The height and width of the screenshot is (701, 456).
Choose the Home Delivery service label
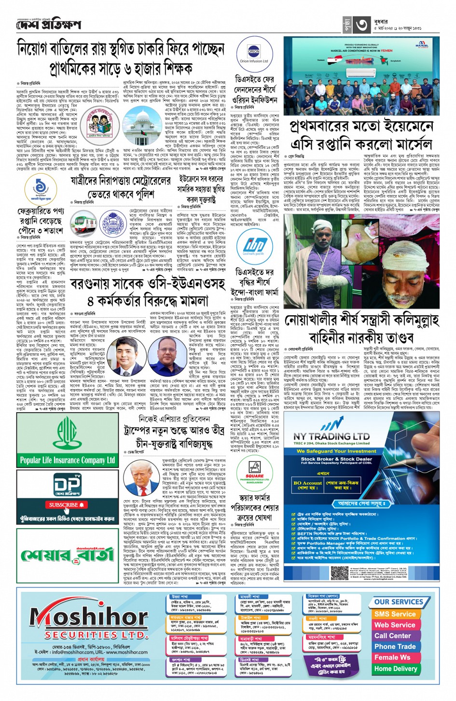coord(395,669)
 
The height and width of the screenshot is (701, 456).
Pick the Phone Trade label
coord(395,646)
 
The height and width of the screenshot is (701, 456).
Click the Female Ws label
coord(392,658)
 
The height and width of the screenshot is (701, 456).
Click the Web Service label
coord(394,625)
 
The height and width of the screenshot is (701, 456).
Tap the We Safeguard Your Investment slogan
coord(336,451)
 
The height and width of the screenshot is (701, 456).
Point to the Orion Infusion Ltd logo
coord(254,55)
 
